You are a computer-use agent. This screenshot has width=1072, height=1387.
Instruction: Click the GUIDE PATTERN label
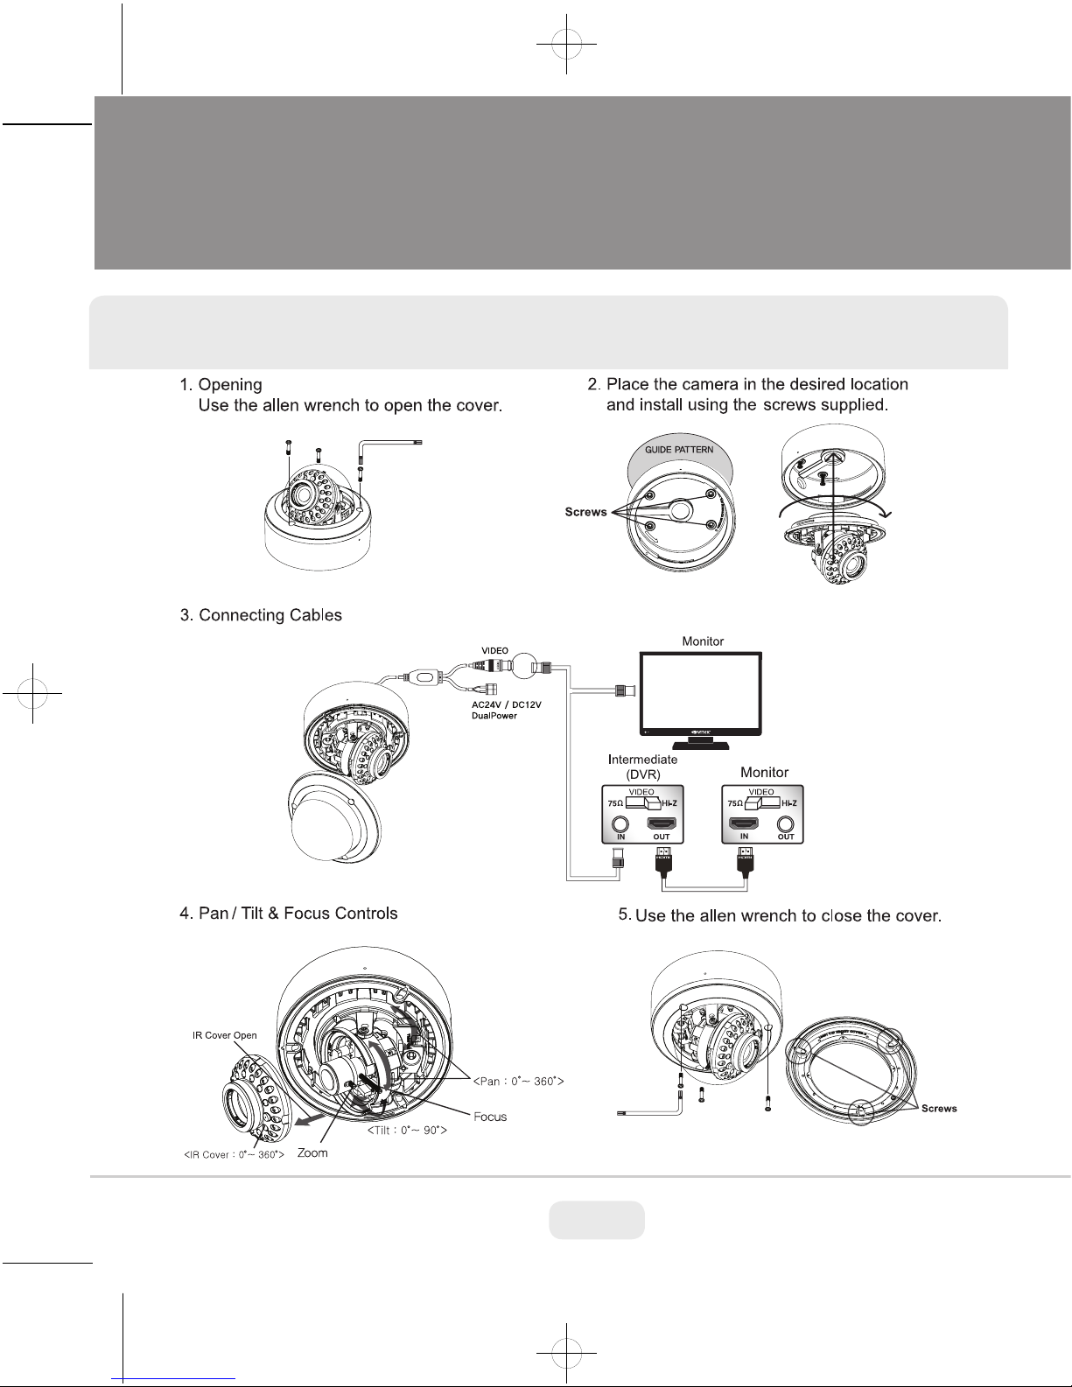[x=679, y=450]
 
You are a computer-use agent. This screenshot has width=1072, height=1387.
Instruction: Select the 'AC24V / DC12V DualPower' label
[x=501, y=710]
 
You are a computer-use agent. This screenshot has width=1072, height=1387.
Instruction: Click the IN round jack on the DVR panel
[x=620, y=823]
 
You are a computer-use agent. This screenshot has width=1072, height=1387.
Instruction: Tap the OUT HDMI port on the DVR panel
[x=661, y=823]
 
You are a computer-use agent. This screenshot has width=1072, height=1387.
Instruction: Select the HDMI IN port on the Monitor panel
[x=745, y=823]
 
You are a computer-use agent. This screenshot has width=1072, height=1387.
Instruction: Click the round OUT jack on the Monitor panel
[x=786, y=823]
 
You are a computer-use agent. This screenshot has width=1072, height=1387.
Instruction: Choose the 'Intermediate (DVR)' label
[x=642, y=767]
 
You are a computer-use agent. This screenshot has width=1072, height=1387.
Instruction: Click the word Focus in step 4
[x=490, y=1117]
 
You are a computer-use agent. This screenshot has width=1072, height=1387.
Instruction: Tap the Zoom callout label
[x=312, y=1153]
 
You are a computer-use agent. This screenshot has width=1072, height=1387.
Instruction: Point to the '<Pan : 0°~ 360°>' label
[x=518, y=1082]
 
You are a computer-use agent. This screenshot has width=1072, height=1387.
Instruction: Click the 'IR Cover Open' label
[x=225, y=1035]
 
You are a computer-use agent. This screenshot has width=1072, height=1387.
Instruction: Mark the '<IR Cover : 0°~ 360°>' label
[x=234, y=1155]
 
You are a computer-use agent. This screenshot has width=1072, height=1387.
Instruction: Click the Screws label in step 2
[x=585, y=512]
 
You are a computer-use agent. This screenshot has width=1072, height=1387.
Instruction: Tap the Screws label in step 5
[x=939, y=1109]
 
